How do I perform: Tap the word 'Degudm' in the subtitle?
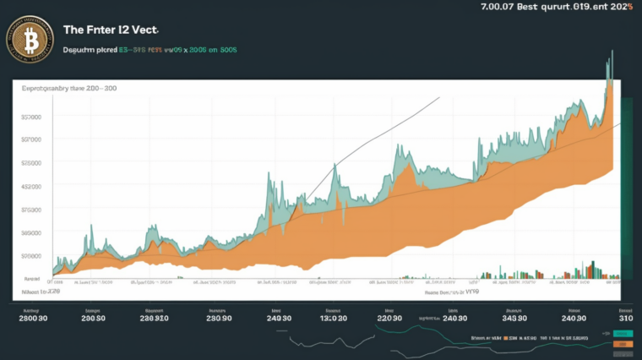(80, 50)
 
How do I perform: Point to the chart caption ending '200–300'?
(69, 87)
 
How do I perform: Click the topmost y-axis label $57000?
(31, 117)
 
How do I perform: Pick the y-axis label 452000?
(31, 186)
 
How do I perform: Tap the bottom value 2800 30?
(32, 318)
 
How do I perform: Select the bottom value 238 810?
(155, 318)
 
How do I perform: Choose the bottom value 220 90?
(389, 318)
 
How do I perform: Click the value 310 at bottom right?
(625, 318)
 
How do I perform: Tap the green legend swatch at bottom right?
(623, 335)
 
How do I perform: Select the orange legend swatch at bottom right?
(623, 344)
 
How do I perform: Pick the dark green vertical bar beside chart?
(627, 186)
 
